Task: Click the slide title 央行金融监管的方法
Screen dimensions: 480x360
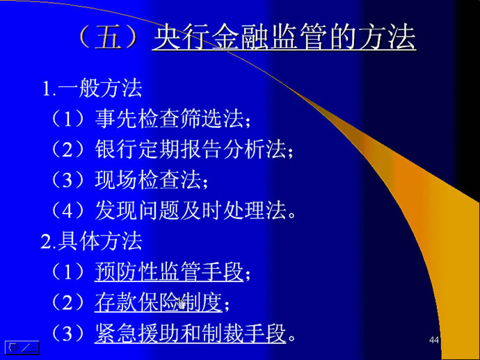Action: pyautogui.click(x=284, y=38)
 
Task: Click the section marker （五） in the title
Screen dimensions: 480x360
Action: pyautogui.click(x=108, y=38)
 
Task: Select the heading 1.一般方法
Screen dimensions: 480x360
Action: pyautogui.click(x=92, y=89)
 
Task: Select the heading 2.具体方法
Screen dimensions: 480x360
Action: pyautogui.click(x=92, y=241)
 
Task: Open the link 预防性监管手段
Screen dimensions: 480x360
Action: pyautogui.click(x=169, y=272)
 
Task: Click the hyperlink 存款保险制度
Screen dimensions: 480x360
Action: pyautogui.click(x=159, y=302)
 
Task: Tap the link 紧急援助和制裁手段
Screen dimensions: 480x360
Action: pyautogui.click(x=191, y=334)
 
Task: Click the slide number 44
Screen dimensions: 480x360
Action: pyautogui.click(x=434, y=340)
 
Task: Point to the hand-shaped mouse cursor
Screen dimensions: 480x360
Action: pyautogui.click(x=182, y=304)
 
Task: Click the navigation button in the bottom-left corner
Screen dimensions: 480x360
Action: pyautogui.click(x=22, y=347)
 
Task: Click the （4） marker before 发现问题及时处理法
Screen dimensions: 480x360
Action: pyautogui.click(x=68, y=211)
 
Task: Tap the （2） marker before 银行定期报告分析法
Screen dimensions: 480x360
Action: pyautogui.click(x=68, y=149)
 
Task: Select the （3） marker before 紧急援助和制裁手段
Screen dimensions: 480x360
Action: pyautogui.click(x=68, y=334)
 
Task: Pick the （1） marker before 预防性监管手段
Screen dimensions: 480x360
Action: pyautogui.click(x=68, y=272)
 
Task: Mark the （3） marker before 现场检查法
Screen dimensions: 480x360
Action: pyautogui.click(x=68, y=180)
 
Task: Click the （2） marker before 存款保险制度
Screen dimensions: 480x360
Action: pyautogui.click(x=68, y=302)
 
